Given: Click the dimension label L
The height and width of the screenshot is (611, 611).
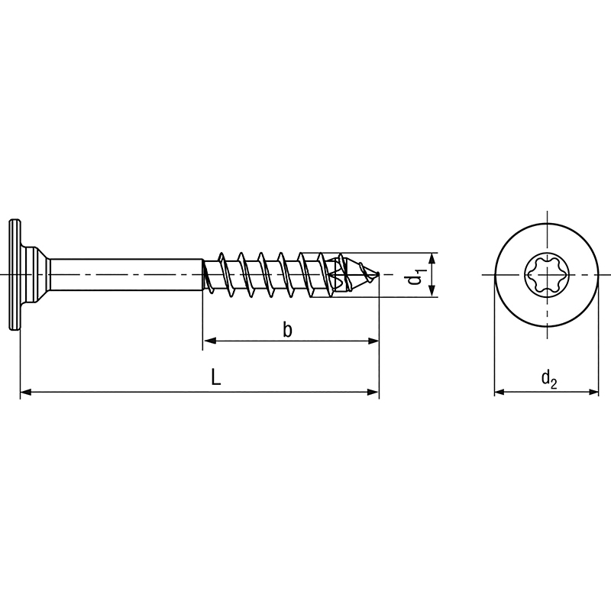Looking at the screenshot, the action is pyautogui.click(x=216, y=377).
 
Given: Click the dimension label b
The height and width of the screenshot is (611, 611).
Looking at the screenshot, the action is pyautogui.click(x=287, y=330).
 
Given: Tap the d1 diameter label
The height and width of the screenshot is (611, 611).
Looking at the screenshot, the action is pyautogui.click(x=414, y=275).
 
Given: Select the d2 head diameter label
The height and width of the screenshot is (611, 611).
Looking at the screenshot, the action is pyautogui.click(x=548, y=379).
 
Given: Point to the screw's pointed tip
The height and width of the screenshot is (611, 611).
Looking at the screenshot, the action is pyautogui.click(x=378, y=275).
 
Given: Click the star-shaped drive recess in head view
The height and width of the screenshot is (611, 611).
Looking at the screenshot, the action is pyautogui.click(x=547, y=275).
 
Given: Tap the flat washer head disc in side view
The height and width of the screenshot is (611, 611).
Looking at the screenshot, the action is pyautogui.click(x=14, y=275).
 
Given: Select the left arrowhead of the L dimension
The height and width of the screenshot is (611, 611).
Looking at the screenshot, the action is pyautogui.click(x=26, y=392).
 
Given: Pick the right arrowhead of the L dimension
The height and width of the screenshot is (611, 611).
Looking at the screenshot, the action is pyautogui.click(x=373, y=392).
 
